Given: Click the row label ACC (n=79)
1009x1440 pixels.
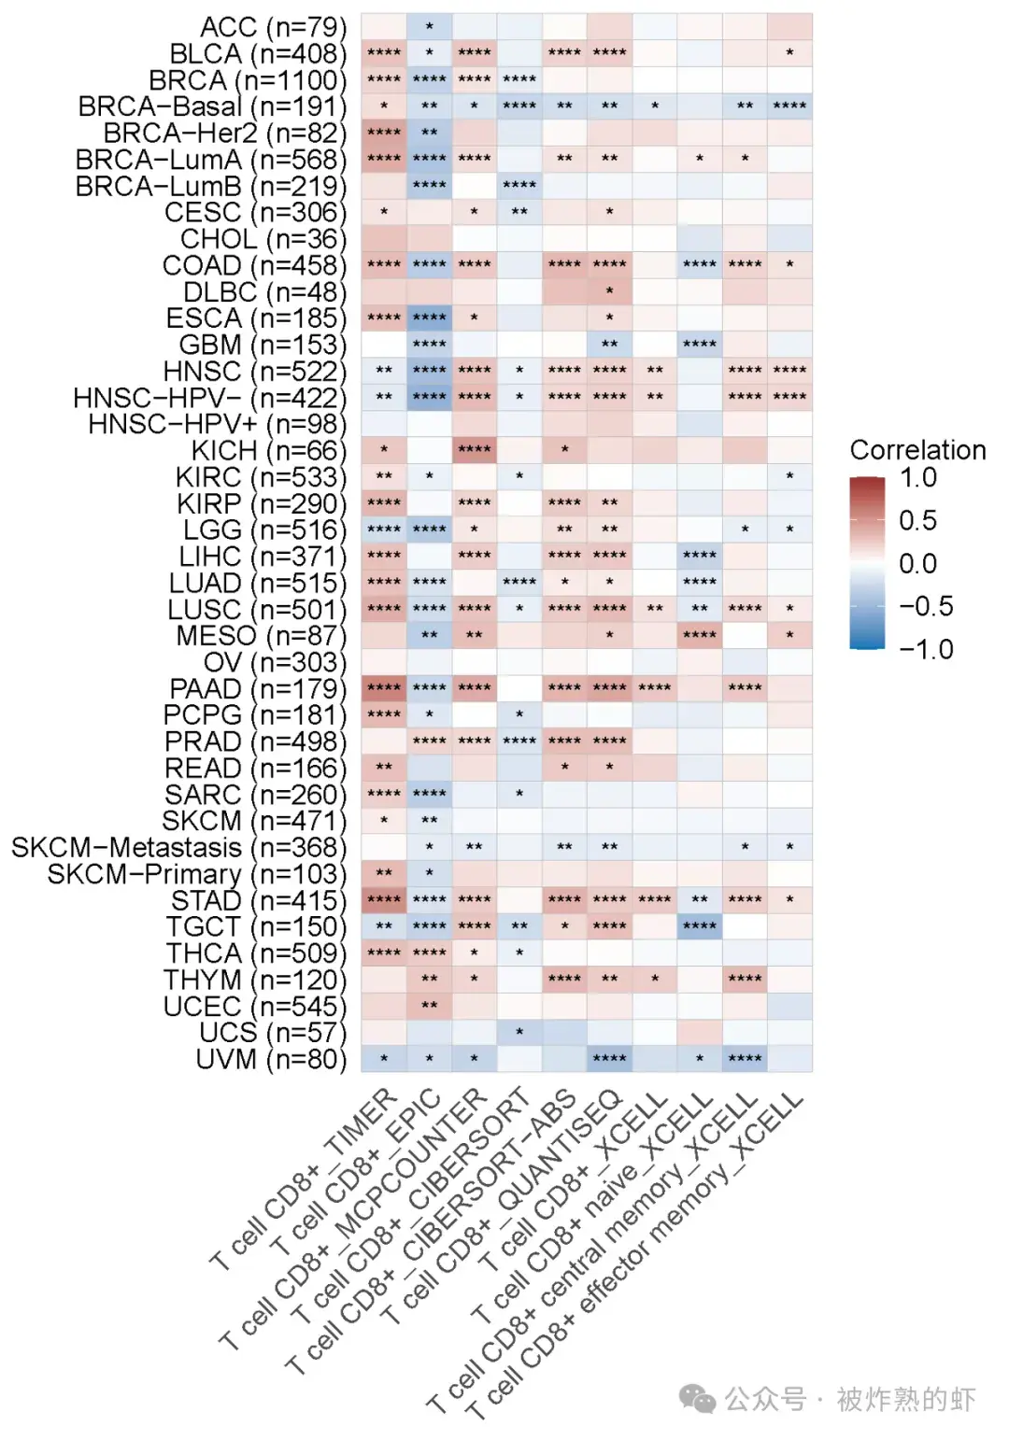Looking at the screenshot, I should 273,27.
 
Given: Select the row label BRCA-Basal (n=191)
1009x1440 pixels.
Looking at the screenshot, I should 212,106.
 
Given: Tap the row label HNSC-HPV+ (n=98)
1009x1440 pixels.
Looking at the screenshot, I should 217,424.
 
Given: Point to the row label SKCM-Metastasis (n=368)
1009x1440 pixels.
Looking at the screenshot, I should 178,847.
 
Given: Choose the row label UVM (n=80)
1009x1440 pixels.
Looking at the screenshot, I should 271,1059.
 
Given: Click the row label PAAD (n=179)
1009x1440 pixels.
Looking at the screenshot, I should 258,688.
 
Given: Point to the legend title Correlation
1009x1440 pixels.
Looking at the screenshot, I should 917,450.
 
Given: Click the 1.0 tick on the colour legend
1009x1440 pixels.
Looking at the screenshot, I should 917,478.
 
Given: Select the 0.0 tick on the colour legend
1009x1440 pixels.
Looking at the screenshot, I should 917,564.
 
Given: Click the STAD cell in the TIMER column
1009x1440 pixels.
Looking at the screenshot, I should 384,899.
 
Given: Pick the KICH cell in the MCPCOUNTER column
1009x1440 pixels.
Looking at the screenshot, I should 475,450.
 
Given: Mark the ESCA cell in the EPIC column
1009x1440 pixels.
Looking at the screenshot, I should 429,318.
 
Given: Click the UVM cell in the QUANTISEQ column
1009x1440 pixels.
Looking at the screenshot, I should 609,1058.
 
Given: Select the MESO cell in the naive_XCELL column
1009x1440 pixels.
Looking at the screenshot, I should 700,635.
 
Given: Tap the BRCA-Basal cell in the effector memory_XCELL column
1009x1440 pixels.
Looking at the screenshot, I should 789,106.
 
